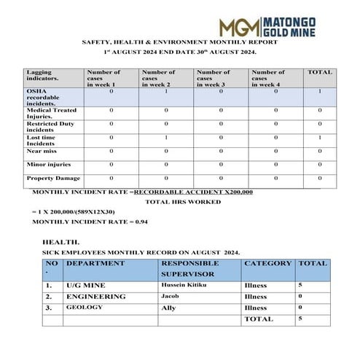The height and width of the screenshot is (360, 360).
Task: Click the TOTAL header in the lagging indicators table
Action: click(x=319, y=72)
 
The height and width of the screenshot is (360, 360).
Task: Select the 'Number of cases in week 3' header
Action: click(x=214, y=78)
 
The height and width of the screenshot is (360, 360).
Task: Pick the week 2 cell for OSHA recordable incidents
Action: click(x=166, y=91)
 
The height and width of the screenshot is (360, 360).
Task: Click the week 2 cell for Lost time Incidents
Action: click(x=166, y=137)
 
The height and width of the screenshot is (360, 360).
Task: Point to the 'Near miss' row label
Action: click(x=42, y=151)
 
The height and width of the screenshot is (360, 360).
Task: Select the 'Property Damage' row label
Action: click(x=52, y=178)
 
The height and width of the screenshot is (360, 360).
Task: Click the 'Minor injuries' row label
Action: click(x=48, y=164)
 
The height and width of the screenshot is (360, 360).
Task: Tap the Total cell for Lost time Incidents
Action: click(x=319, y=137)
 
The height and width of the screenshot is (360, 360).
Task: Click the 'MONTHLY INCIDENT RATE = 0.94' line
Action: click(x=90, y=221)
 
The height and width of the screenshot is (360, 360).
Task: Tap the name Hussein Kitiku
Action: click(x=181, y=285)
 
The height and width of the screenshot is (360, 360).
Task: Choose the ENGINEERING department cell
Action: click(x=95, y=297)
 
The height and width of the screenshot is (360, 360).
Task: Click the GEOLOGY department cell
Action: click(x=85, y=308)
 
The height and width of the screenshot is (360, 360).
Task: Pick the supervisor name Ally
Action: click(x=168, y=308)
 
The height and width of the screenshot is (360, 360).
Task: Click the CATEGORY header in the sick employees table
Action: click(x=267, y=263)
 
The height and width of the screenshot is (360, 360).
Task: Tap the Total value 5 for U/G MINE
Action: click(x=300, y=285)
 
